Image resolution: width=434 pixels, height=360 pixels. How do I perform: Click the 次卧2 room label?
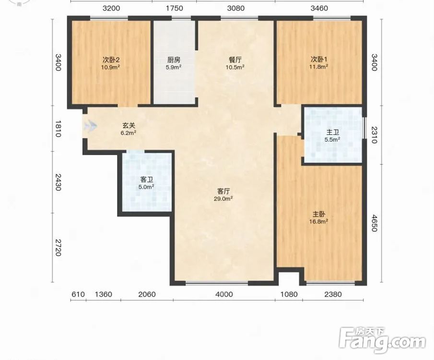[111, 60]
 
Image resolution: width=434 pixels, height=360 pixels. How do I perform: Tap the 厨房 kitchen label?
[174, 60]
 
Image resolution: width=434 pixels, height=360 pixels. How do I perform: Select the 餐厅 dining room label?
[235, 60]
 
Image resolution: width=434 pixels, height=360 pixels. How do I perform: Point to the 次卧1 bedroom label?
[319, 60]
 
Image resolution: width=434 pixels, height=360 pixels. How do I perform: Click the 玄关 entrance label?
[129, 126]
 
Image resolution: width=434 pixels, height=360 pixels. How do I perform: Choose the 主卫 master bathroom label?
[332, 132]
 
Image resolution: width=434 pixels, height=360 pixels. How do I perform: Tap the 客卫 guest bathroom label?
[146, 180]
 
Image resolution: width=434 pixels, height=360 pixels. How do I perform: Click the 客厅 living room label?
[223, 191]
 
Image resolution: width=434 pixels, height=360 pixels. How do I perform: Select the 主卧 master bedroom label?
[319, 214]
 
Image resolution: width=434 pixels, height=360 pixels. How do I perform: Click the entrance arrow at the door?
[91, 126]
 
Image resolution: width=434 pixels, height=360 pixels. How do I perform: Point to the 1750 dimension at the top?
[175, 8]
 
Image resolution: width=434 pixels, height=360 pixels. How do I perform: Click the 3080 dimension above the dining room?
[236, 8]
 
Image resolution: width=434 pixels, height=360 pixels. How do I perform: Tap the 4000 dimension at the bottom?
[224, 294]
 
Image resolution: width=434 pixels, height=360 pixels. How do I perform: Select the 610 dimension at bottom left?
[78, 294]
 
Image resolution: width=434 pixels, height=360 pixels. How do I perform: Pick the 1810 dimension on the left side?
[58, 129]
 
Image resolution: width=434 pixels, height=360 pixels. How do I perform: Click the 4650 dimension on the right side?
[374, 223]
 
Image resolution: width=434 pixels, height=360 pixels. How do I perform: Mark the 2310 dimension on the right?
[374, 135]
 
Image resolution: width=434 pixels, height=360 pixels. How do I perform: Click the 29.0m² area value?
[223, 198]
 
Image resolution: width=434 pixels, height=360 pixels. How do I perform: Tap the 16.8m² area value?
[318, 221]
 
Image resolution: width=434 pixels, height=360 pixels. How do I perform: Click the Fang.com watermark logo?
[382, 340]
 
